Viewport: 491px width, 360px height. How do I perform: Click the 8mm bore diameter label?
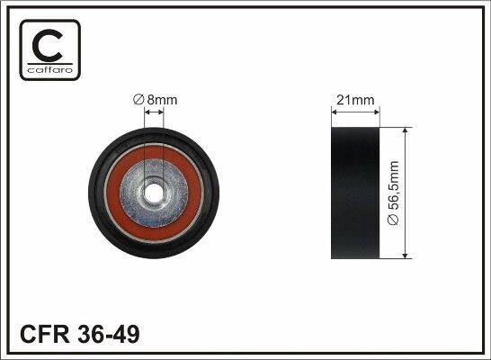click(155, 100)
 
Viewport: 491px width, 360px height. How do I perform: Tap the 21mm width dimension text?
click(355, 100)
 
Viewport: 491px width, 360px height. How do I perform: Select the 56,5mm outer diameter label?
click(393, 193)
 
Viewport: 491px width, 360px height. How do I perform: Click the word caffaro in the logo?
click(50, 69)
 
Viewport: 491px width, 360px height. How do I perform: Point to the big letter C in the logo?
click(48, 45)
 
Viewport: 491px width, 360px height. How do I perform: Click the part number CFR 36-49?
click(79, 334)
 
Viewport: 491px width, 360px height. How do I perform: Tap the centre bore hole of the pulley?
click(154, 193)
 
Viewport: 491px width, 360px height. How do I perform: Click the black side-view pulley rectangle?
click(355, 193)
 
